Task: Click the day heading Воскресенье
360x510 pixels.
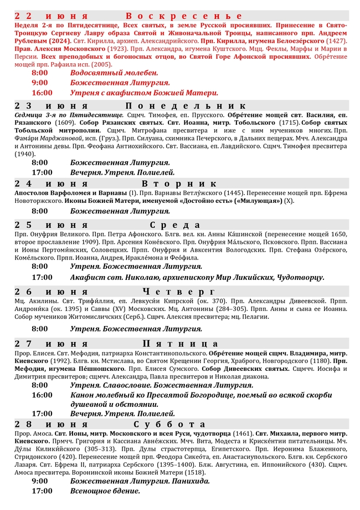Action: click(x=184, y=16)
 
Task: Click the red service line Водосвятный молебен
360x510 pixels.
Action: click(x=114, y=73)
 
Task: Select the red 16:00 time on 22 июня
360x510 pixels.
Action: click(x=42, y=93)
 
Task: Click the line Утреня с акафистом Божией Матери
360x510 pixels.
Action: click(x=144, y=93)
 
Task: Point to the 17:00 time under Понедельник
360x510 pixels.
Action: click(x=42, y=172)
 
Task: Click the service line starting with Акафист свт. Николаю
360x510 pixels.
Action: click(x=197, y=277)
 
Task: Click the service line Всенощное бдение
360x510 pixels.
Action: click(x=105, y=491)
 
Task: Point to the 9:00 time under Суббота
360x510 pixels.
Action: click(x=40, y=481)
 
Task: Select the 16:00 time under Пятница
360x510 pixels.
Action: click(x=42, y=395)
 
